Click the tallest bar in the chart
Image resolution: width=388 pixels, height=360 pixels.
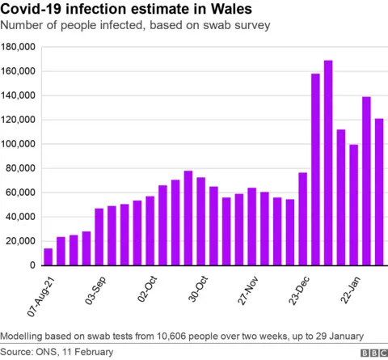328,163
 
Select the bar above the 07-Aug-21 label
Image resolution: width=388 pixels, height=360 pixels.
48,256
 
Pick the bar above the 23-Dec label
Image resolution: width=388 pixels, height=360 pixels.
302,218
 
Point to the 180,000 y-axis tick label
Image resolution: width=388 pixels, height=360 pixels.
18,47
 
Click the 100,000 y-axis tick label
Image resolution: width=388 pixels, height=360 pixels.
18,144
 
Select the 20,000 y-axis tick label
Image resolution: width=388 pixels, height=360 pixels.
20,241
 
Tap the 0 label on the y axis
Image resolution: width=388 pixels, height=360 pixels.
32,265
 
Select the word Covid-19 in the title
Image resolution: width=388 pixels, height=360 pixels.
34,10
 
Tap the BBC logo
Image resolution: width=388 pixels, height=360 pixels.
373,353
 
